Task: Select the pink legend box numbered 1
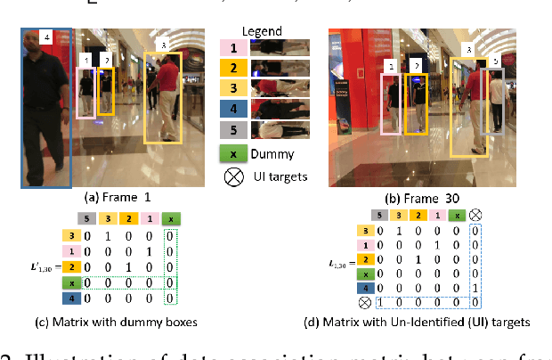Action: coord(233,46)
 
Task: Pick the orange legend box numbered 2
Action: coord(233,67)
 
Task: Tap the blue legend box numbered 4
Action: coord(233,108)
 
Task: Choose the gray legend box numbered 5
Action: coord(233,129)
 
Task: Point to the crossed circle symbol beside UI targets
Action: coord(233,176)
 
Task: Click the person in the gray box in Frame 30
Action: coord(491,98)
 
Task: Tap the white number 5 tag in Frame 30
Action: coord(495,61)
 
